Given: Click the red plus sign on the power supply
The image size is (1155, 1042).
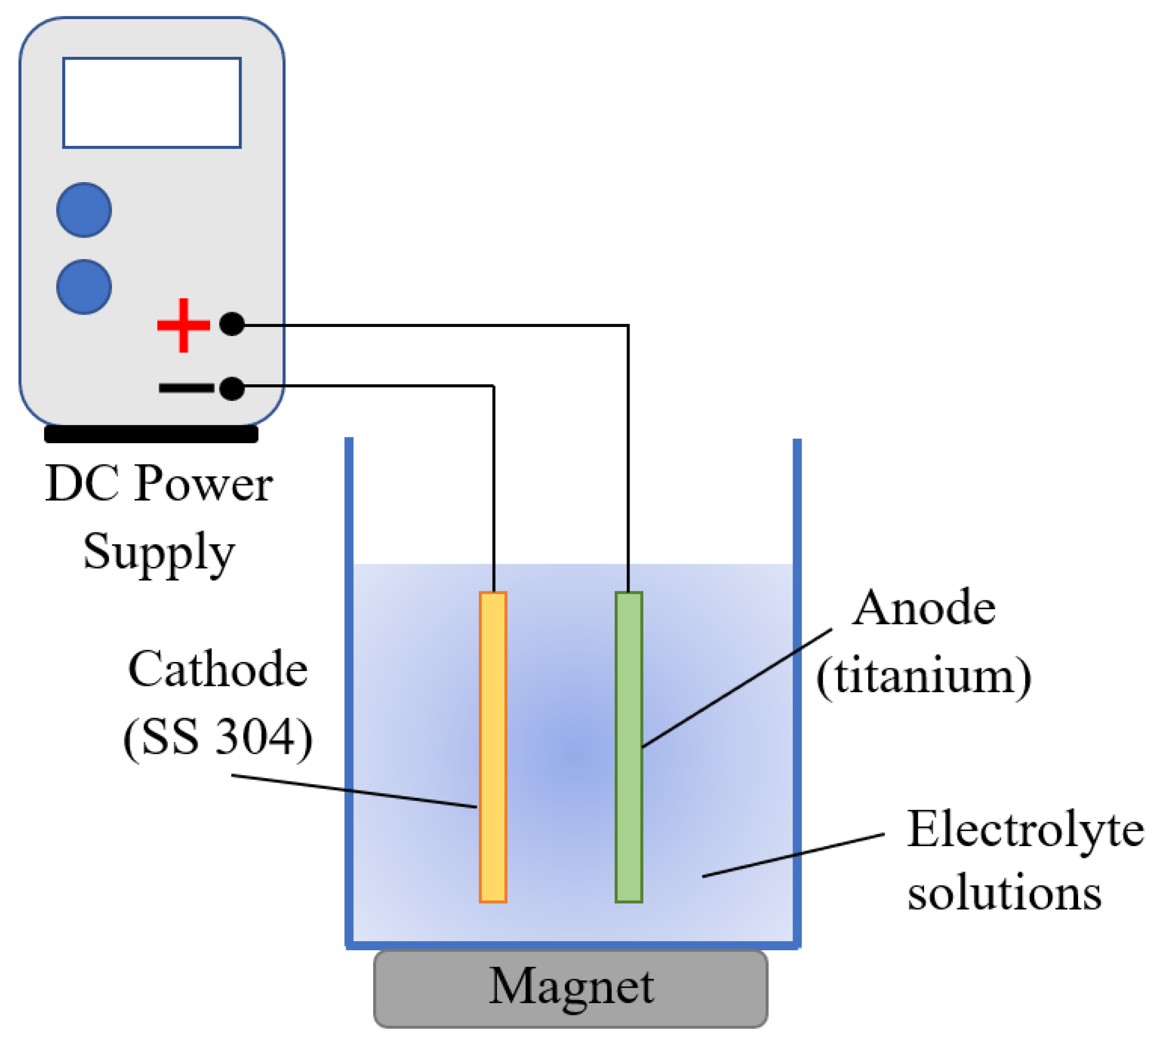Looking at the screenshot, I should tap(183, 325).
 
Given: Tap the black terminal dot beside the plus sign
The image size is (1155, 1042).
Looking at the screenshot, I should tap(232, 324).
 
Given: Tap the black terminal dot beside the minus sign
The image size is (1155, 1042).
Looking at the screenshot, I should tap(232, 389).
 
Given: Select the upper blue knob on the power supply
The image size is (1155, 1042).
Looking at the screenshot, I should tap(84, 210).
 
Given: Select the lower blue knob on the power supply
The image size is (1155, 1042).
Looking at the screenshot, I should tap(84, 287).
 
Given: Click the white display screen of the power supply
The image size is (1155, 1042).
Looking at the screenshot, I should tap(152, 103).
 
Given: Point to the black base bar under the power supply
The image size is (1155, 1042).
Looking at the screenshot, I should tap(151, 434).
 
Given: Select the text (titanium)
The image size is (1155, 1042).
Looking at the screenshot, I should tap(923, 677).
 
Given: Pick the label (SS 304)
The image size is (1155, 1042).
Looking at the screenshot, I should tap(218, 737).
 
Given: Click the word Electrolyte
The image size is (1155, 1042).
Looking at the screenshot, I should tap(1025, 830).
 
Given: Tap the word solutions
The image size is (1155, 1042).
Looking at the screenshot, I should tap(1004, 894).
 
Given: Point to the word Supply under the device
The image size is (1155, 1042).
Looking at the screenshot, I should tap(159, 552).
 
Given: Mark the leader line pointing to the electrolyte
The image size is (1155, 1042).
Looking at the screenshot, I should tap(792, 855).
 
